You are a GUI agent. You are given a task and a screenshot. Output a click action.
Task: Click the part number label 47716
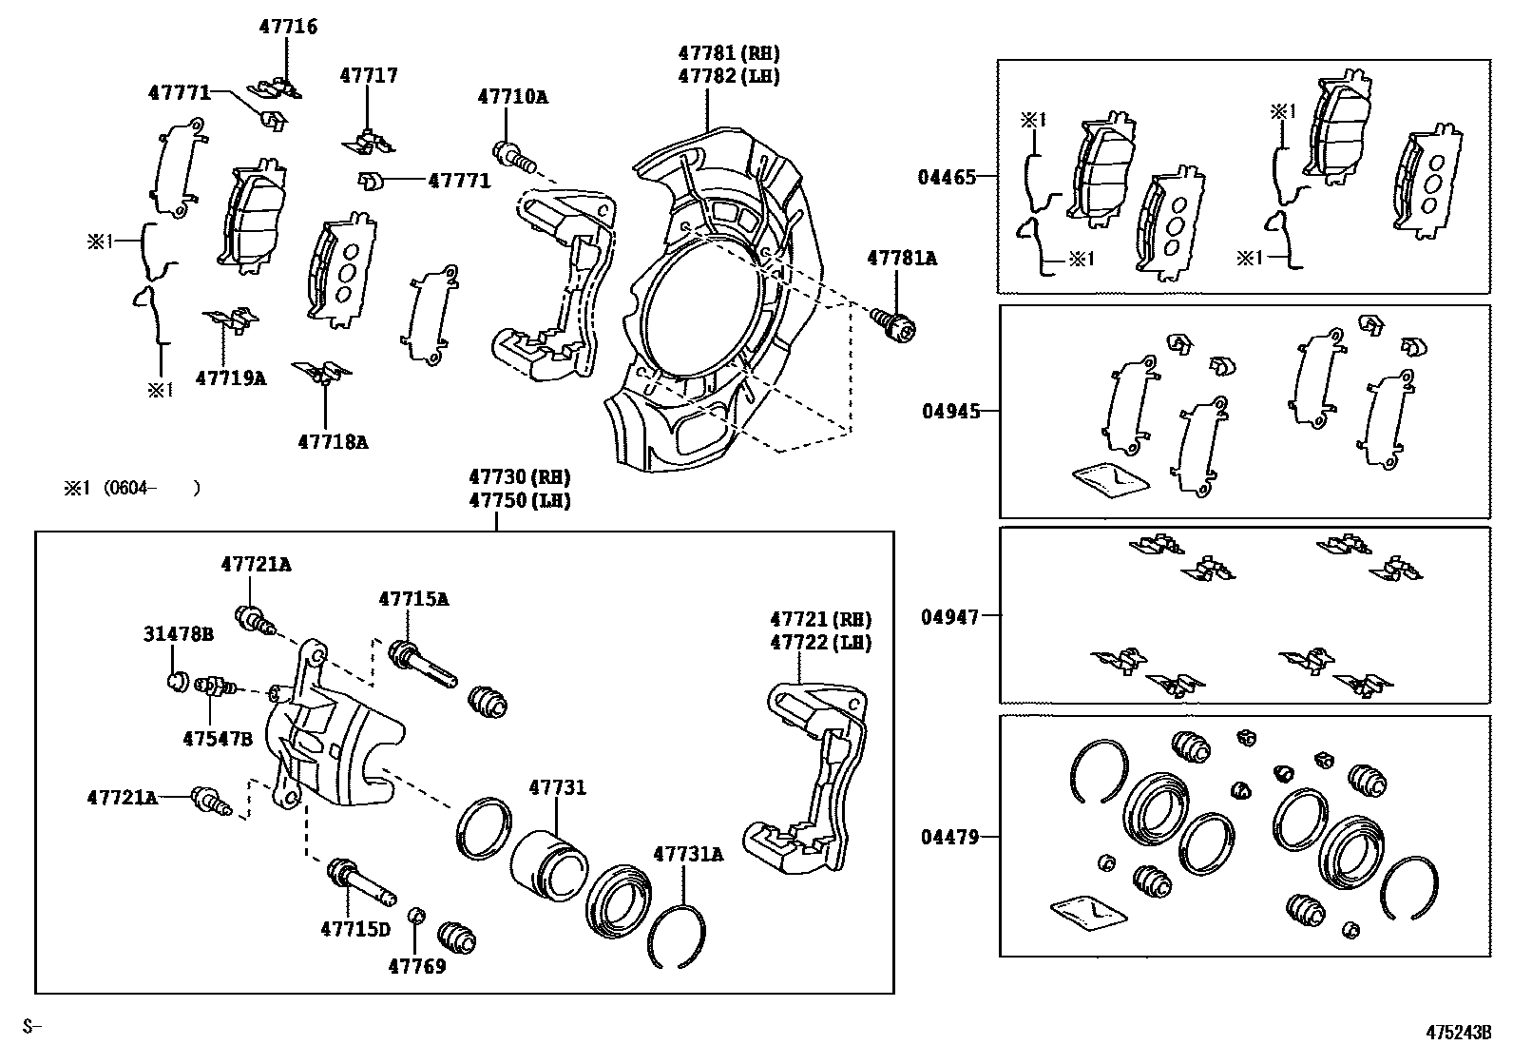point(288,27)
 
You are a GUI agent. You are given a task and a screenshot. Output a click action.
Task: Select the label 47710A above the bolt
point(512,96)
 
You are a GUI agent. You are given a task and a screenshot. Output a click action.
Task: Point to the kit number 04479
point(948,837)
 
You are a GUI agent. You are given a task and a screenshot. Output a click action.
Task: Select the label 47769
point(416,966)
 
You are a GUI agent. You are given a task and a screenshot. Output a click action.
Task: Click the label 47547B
point(218,737)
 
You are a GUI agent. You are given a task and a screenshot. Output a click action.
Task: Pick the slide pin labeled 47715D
point(360,883)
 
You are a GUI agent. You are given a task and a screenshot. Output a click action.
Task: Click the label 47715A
point(413,599)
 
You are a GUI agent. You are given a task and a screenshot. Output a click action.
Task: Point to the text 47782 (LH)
point(728,75)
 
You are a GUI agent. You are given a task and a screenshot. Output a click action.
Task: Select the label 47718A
point(333,441)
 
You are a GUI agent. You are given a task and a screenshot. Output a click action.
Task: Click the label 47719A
point(231,377)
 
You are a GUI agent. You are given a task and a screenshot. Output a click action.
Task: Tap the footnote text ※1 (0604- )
point(131,489)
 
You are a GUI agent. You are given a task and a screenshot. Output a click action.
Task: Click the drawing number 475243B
point(1458,1031)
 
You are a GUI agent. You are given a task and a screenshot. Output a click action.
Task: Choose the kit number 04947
point(948,616)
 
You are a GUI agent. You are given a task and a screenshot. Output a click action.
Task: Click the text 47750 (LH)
point(519,500)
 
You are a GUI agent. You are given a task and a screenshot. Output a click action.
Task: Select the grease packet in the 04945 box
point(1109,479)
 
